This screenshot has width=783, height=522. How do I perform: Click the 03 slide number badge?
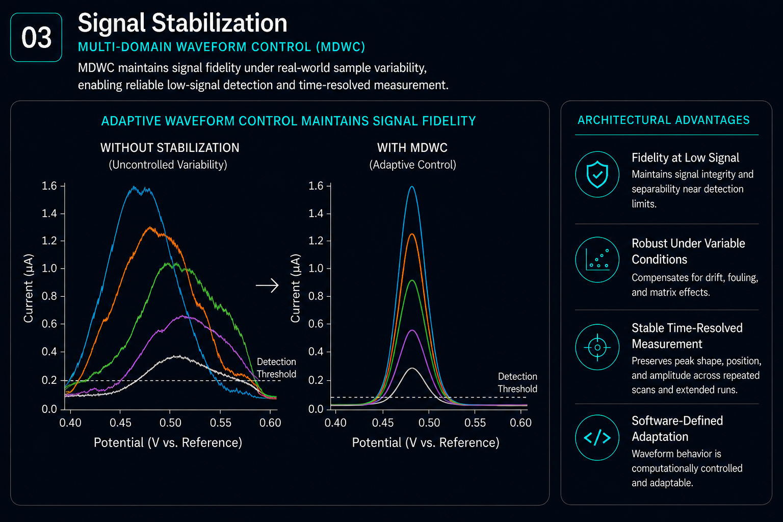tap(36, 37)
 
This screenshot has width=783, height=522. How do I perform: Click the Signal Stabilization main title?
tap(182, 23)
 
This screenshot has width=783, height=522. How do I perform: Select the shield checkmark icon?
tap(597, 174)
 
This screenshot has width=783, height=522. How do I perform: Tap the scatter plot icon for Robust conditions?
tap(597, 260)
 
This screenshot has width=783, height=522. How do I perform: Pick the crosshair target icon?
tap(597, 347)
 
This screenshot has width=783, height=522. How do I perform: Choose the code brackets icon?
tap(597, 437)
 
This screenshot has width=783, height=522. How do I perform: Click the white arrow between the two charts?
tap(268, 285)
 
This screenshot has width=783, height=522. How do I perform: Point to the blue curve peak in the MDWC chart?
tap(412, 187)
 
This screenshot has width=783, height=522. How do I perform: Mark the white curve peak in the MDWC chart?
tap(412, 368)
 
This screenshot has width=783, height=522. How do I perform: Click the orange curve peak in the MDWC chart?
tap(412, 234)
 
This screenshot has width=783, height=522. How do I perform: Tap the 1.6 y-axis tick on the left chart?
tap(49, 186)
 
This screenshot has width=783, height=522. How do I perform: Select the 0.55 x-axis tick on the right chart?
tap(475, 423)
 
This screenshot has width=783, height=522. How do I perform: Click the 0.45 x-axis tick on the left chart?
tap(121, 423)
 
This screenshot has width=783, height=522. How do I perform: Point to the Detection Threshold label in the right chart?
tap(517, 382)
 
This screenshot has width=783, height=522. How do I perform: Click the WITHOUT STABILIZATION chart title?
tap(170, 148)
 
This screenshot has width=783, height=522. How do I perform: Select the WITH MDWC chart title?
tap(412, 148)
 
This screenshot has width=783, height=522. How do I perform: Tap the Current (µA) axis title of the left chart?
tap(29, 288)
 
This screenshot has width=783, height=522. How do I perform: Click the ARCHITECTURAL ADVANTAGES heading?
tap(664, 120)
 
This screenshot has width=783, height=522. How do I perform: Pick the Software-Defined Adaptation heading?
tap(677, 429)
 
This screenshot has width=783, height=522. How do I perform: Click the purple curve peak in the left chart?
tap(182, 316)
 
